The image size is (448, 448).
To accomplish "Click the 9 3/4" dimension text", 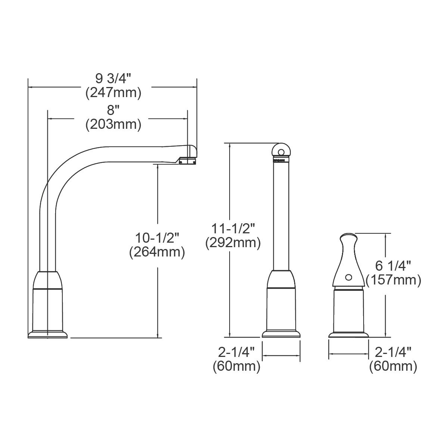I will [x=113, y=79].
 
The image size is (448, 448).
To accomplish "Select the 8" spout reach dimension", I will [x=113, y=111].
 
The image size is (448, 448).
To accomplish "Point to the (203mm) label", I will [x=113, y=124].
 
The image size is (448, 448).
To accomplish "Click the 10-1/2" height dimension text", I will [x=157, y=237].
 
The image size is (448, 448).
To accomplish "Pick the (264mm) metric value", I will [x=157, y=252].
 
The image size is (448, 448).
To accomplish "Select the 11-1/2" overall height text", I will [x=233, y=228].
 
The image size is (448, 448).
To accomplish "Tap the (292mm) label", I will [x=233, y=243].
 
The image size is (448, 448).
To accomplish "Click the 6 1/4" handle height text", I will [x=393, y=265].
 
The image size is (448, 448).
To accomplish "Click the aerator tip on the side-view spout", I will [x=187, y=161].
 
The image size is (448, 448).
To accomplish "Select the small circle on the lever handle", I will [x=348, y=277].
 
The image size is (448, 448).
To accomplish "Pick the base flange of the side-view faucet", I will [x=48, y=335].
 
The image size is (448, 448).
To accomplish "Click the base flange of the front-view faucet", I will [x=281, y=334].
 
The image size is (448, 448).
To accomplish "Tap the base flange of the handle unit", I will [x=348, y=335].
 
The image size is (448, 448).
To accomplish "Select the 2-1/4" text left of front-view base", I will [x=236, y=352].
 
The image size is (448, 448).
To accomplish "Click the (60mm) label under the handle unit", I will [x=393, y=366].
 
